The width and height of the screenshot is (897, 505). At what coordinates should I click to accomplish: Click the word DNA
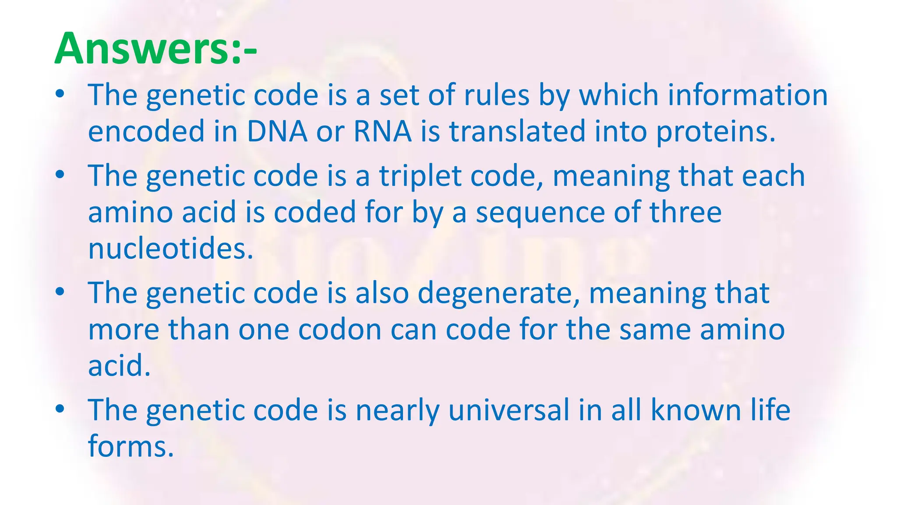[277, 132]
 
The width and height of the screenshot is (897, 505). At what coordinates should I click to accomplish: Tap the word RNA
[382, 132]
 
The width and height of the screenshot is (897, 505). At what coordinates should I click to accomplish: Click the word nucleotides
[171, 249]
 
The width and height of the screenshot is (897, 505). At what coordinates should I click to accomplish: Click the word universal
[509, 410]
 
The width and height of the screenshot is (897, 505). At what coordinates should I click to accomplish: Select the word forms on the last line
[131, 447]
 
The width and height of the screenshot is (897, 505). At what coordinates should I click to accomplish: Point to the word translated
[517, 132]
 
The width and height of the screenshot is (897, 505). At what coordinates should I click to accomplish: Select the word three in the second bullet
[685, 212]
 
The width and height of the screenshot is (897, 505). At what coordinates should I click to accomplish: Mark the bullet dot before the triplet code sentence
[60, 175]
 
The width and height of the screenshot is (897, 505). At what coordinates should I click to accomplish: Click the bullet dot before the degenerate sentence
[60, 292]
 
